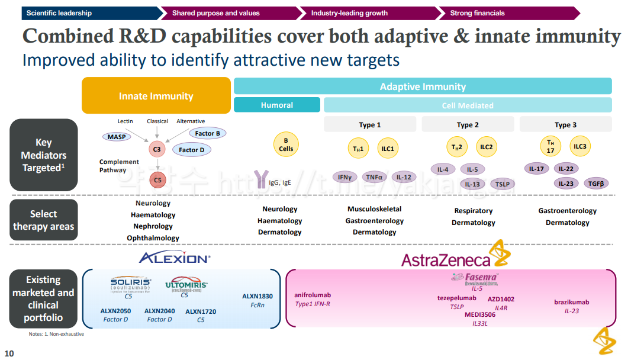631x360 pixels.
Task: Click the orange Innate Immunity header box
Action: coord(156,96)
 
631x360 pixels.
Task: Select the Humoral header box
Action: coord(276,105)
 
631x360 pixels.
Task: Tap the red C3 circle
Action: coord(157,150)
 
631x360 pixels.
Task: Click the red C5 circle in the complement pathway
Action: coord(157,180)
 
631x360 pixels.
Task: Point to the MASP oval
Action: coord(115,137)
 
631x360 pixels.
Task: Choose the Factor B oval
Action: coord(207,134)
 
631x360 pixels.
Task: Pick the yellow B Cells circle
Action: coord(286,145)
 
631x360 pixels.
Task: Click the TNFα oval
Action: coord(374,177)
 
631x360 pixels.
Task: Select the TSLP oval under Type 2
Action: coord(502,184)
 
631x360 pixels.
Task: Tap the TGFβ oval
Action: coord(595,184)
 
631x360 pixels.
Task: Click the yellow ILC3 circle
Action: coord(580,146)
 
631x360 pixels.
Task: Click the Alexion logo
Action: coord(175,258)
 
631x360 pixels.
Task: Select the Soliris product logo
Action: coord(130,283)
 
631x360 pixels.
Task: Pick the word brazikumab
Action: coord(571,302)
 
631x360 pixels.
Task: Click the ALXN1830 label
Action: coord(257,296)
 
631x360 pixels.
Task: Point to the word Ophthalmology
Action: coord(153,238)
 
